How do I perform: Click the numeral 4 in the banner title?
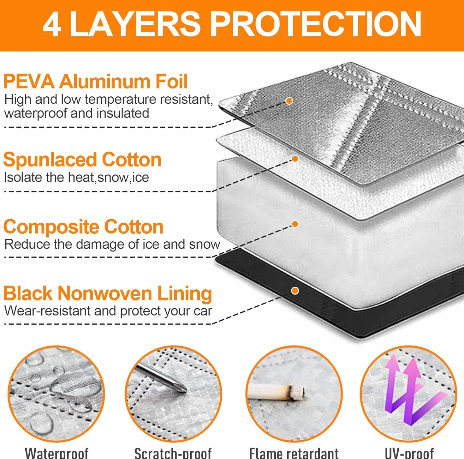[x=51, y=25]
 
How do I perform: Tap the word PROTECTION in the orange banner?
[x=317, y=25]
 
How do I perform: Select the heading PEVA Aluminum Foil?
[x=95, y=82]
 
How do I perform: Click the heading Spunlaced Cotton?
[x=82, y=160]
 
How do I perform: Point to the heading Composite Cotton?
[x=83, y=227]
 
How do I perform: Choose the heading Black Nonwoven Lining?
[x=108, y=293]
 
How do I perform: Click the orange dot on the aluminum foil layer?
[x=289, y=101]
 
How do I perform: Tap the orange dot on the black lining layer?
[x=295, y=291]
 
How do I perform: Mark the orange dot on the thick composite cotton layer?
[x=295, y=224]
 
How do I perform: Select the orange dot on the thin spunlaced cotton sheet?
[x=295, y=159]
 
